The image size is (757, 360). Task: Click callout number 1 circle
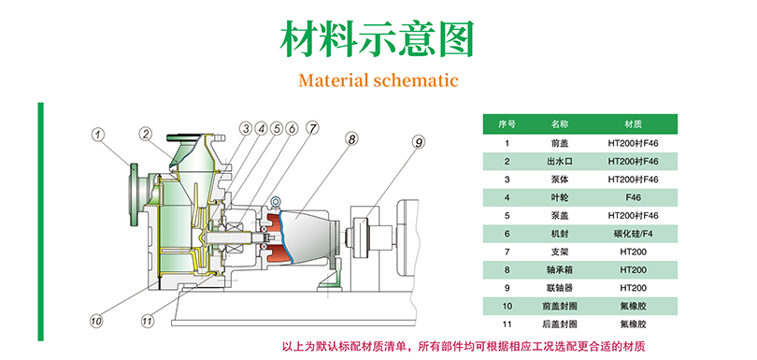(x=99, y=135)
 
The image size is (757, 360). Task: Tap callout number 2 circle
(x=146, y=134)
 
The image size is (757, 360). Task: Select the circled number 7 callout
(x=312, y=128)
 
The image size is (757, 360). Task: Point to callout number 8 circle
(x=351, y=139)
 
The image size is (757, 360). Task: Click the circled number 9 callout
(x=419, y=141)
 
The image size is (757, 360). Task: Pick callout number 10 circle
(x=96, y=320)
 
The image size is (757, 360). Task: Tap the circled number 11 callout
(x=148, y=320)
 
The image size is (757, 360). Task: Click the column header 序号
(x=507, y=124)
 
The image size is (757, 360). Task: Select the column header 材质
(x=633, y=124)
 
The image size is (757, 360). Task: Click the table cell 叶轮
(x=560, y=197)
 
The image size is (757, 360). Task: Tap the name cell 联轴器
(x=560, y=288)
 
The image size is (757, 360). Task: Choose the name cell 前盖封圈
(x=560, y=307)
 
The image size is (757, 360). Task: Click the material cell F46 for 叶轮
(x=633, y=197)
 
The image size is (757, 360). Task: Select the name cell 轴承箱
(x=560, y=270)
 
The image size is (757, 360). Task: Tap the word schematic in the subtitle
(x=416, y=79)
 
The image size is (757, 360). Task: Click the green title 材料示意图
(x=377, y=38)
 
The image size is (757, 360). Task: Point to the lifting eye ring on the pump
(x=276, y=200)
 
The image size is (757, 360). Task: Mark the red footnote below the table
(x=463, y=347)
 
